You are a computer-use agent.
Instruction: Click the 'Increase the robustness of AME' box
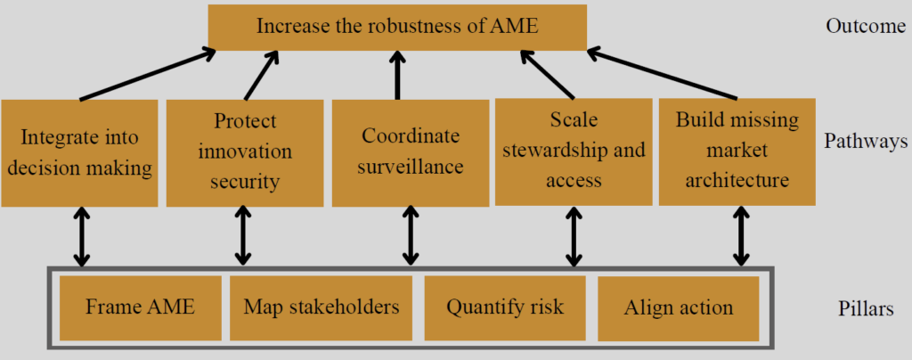coord(397,27)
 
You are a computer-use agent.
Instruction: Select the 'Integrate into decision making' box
coord(80,152)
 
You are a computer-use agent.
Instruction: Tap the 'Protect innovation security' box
coord(245,152)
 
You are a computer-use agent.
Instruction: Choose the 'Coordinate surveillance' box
coord(411,152)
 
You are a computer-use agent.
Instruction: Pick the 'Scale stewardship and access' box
coord(574,151)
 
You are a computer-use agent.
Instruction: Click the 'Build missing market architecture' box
coord(737,151)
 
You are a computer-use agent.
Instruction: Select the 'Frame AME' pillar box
coord(139,307)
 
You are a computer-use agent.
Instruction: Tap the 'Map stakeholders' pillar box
coord(321,307)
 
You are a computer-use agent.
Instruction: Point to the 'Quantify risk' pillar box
coord(505,308)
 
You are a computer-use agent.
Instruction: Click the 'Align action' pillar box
coord(678,308)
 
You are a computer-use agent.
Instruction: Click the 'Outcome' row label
coord(865,25)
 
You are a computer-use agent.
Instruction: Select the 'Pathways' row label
coord(863,141)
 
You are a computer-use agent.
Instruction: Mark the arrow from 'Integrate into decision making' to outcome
coord(146,75)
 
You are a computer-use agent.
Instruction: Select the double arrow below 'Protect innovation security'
coord(243,236)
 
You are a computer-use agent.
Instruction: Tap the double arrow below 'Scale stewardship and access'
coord(574,236)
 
